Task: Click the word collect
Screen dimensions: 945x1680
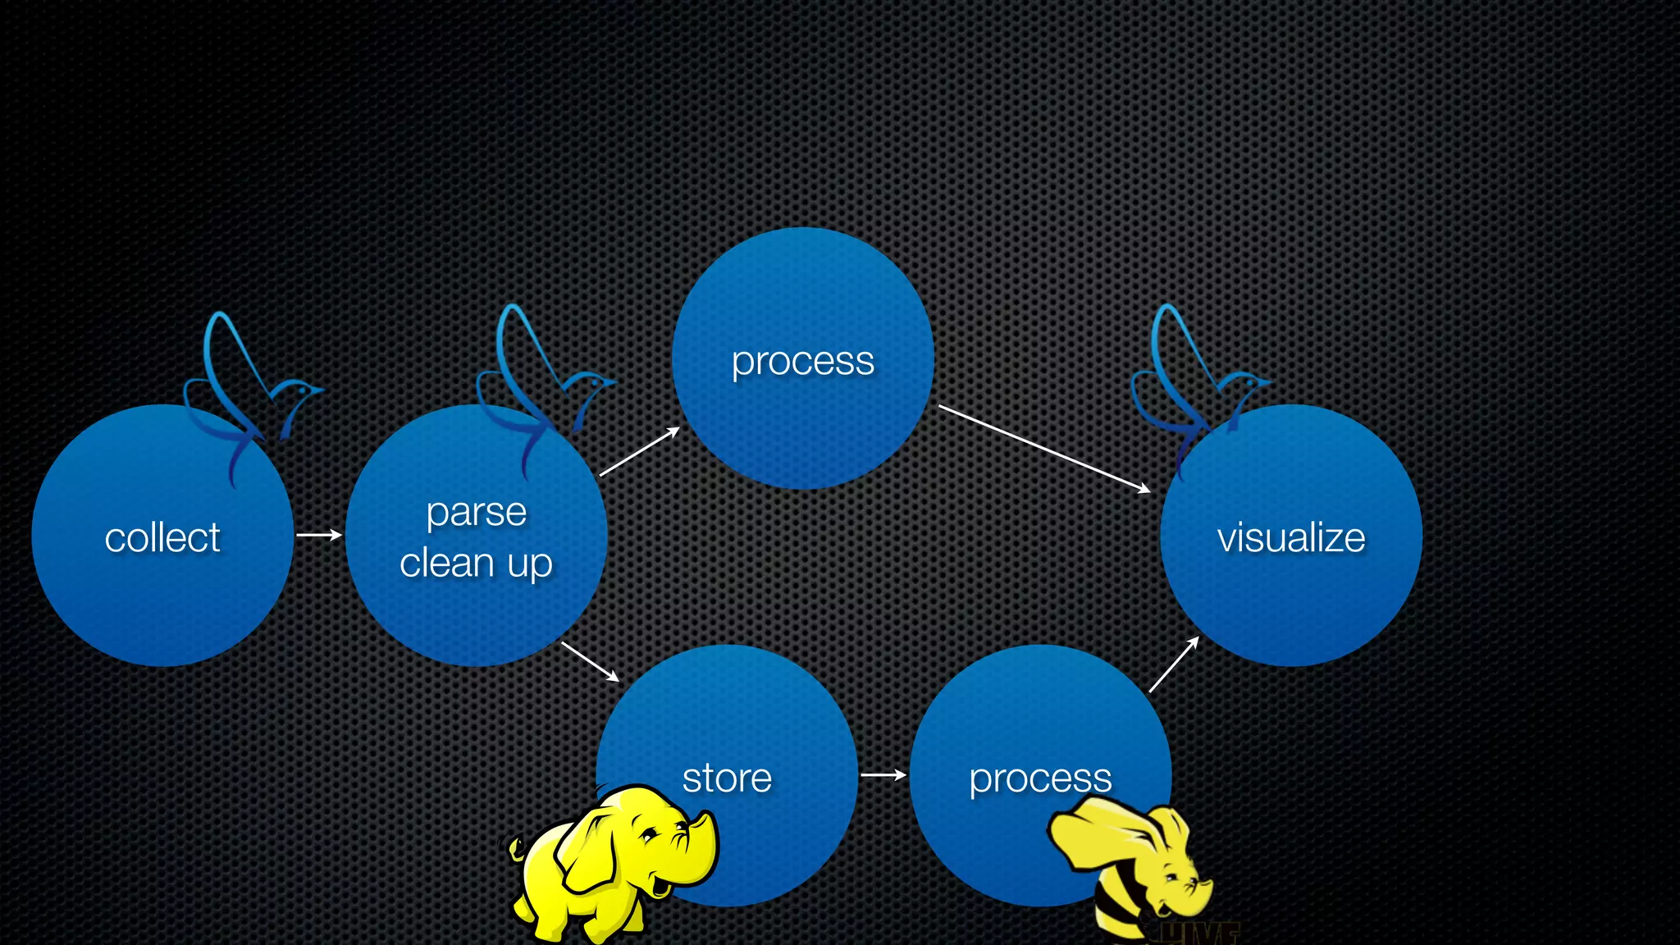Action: [162, 538]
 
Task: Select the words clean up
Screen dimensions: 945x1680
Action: [476, 564]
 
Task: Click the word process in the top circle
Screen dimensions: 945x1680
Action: [802, 361]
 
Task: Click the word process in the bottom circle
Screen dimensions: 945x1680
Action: [1040, 778]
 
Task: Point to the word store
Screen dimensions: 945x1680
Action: [727, 778]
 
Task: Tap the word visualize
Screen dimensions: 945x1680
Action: [1290, 538]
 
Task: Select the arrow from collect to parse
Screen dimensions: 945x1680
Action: [318, 535]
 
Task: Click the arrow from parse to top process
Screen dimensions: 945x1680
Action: [639, 452]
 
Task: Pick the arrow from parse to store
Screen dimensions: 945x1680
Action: [590, 661]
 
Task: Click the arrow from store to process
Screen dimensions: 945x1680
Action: [883, 774]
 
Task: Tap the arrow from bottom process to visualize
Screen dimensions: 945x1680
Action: [1173, 664]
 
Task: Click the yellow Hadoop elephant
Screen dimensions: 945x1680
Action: [607, 861]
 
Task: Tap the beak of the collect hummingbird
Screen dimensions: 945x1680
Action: [319, 390]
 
